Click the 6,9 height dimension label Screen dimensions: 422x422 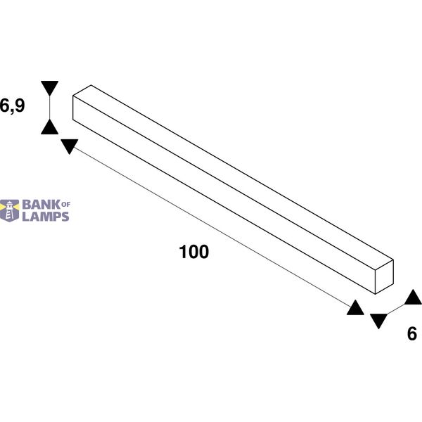click(x=12, y=105)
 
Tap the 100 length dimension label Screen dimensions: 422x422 click(x=194, y=252)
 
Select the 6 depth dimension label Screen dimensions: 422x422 click(x=411, y=333)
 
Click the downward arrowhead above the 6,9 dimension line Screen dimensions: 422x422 click(x=49, y=88)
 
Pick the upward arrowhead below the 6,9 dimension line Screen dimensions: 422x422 click(x=49, y=127)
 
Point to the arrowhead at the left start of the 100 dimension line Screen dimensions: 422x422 click(x=70, y=146)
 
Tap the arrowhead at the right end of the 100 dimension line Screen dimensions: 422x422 click(x=355, y=307)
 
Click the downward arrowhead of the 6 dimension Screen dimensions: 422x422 click(x=378, y=321)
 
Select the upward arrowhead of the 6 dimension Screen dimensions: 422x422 click(x=413, y=297)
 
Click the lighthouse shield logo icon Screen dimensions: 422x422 click(x=10, y=210)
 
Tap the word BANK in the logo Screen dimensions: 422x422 click(x=41, y=205)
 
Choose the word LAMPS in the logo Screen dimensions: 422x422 click(x=46, y=217)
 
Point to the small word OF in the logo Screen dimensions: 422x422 click(x=66, y=205)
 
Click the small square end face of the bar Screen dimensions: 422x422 click(x=384, y=276)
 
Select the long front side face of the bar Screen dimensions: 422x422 click(x=224, y=195)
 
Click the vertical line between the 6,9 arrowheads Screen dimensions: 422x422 click(x=49, y=108)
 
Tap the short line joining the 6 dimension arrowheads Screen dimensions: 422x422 click(x=396, y=309)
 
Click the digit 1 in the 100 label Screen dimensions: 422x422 click(x=183, y=252)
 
